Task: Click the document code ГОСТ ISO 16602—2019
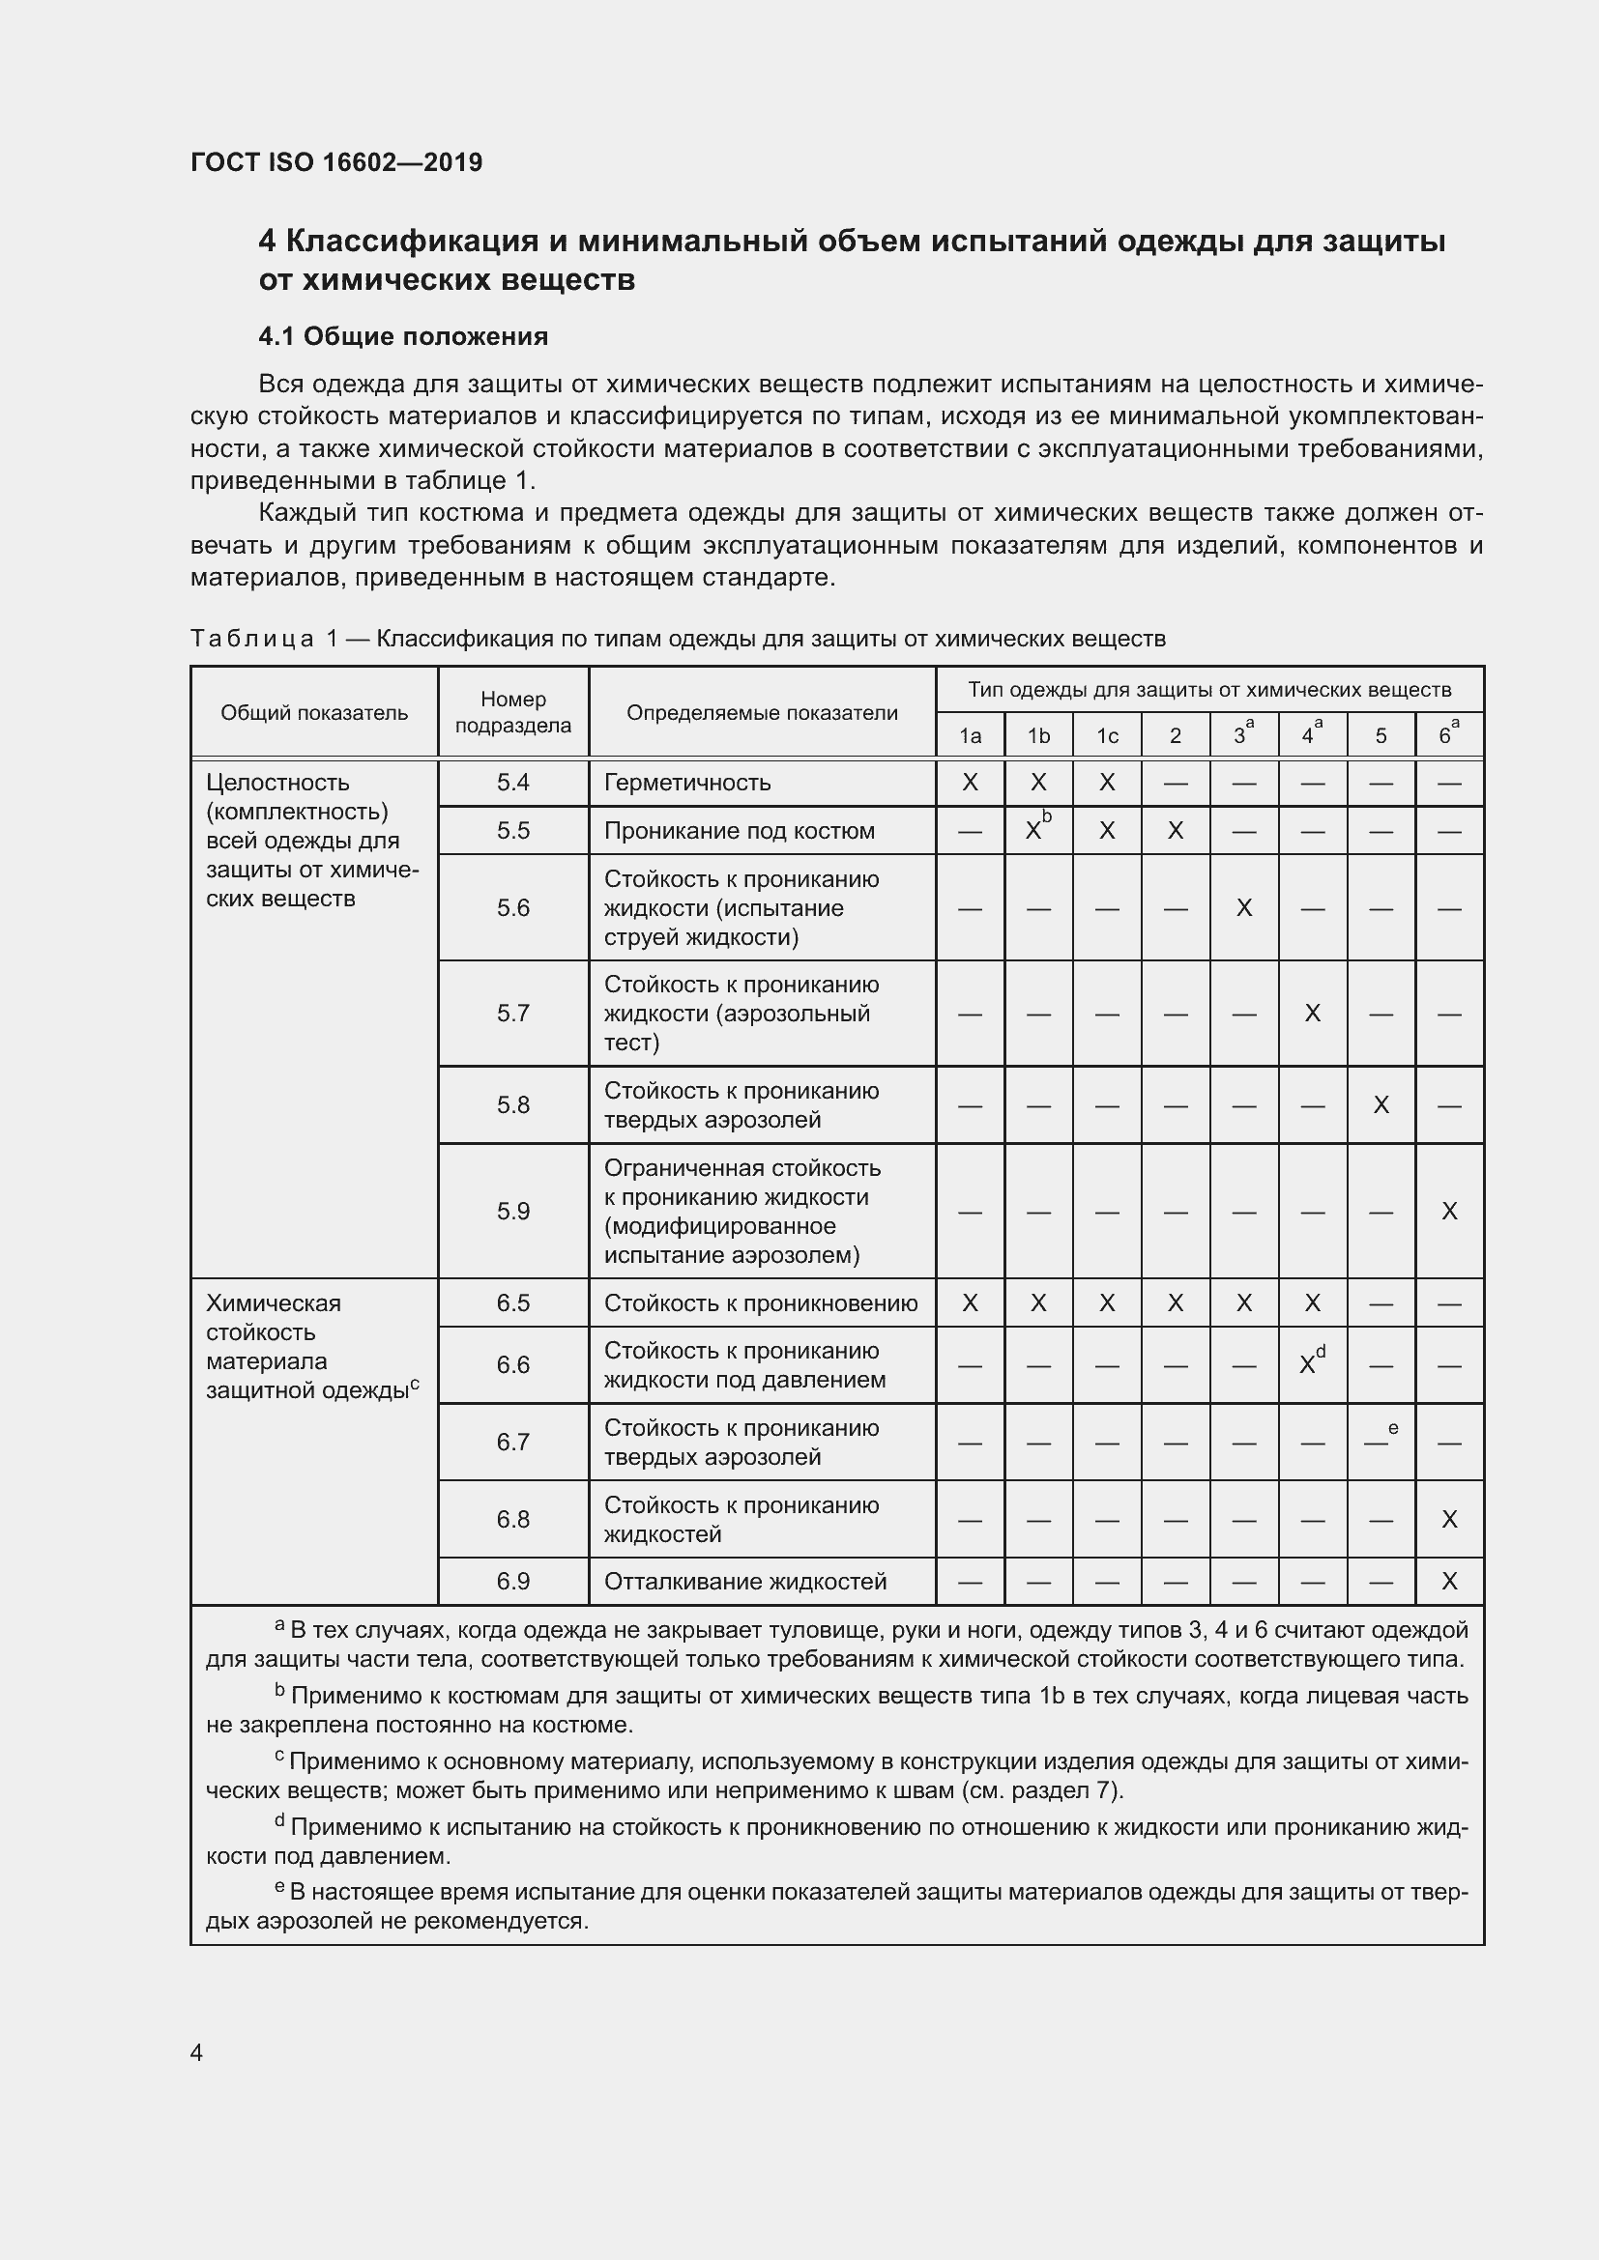(x=335, y=162)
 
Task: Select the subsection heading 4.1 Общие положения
(x=403, y=336)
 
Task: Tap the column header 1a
(x=970, y=736)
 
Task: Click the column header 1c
(x=1107, y=736)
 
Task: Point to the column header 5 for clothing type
(x=1381, y=736)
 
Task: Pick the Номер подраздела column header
(x=513, y=712)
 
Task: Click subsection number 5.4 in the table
(x=513, y=783)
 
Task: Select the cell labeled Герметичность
(x=687, y=783)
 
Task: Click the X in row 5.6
(x=1243, y=907)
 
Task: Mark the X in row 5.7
(x=1312, y=1013)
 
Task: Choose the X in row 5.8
(x=1381, y=1105)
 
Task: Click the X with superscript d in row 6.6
(x=1310, y=1364)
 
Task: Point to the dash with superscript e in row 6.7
(x=1379, y=1441)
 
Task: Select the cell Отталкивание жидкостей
(x=745, y=1581)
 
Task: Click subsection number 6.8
(x=513, y=1519)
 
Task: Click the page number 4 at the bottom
(x=197, y=2052)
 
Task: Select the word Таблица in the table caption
(x=252, y=639)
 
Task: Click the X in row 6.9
(x=1448, y=1581)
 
